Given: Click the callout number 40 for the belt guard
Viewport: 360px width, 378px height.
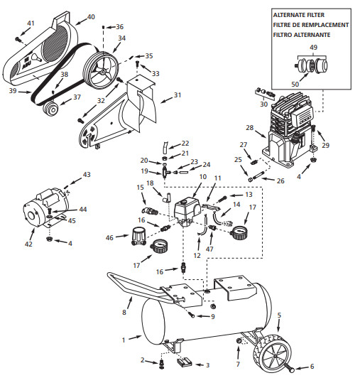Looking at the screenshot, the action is tap(91, 17).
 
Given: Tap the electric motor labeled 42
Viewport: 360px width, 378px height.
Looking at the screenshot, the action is tap(45, 207).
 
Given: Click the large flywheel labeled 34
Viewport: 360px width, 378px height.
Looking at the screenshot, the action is tap(101, 70).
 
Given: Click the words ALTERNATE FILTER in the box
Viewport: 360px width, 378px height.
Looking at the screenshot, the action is tap(298, 15).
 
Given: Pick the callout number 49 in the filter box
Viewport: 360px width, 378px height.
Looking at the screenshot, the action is tap(313, 47).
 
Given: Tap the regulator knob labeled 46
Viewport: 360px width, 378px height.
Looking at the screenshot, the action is tap(138, 236).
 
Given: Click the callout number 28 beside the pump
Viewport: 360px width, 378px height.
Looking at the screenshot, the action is tap(250, 127).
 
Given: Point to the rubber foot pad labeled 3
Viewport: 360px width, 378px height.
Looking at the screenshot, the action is tap(185, 362).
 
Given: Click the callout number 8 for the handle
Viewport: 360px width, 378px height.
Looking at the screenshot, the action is tap(124, 312).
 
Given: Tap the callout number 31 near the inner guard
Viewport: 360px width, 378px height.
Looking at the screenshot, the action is tap(178, 95).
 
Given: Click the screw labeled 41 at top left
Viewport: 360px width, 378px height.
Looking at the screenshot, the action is tap(18, 39).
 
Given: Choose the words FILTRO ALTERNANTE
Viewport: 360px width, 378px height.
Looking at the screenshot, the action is tap(302, 35).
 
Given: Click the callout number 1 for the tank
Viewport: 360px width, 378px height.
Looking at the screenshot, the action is tap(124, 340).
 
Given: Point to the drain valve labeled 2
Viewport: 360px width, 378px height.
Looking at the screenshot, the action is tap(161, 364).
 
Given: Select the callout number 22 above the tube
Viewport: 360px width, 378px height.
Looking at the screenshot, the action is tap(185, 144).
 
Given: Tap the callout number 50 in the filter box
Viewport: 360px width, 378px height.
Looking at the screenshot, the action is tap(295, 84).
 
